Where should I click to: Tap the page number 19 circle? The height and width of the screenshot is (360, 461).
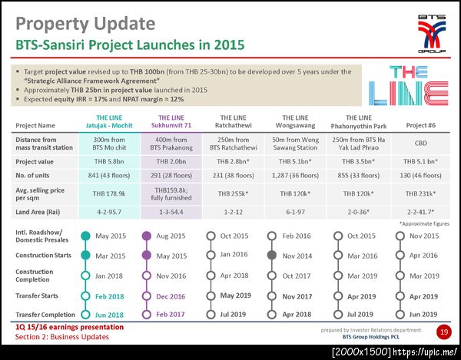443,332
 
